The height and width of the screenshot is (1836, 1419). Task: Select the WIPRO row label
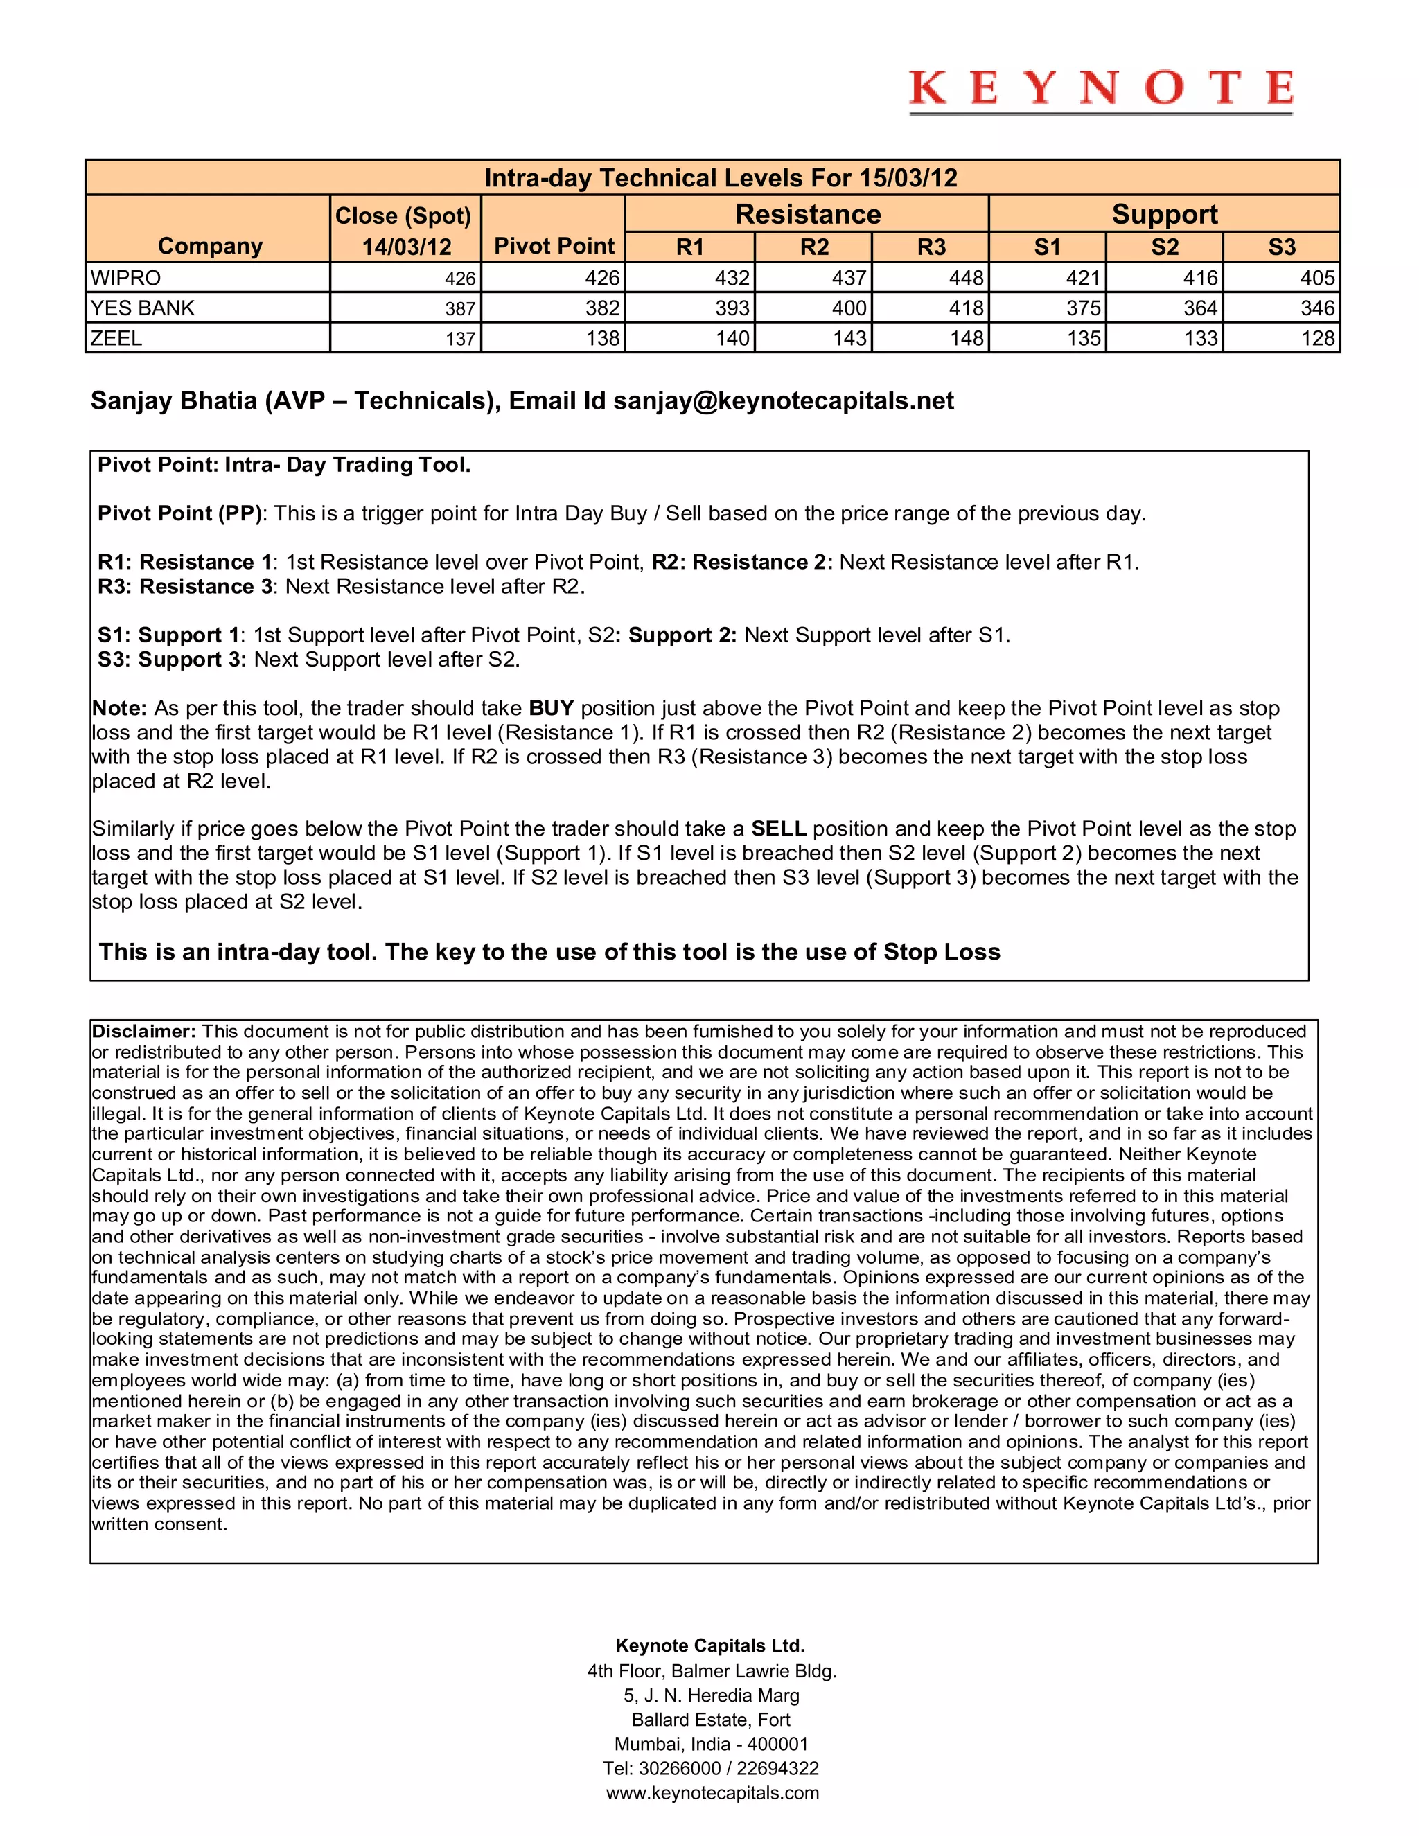126,277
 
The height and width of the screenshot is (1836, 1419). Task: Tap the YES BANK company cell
142,308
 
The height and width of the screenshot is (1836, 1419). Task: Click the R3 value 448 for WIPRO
966,277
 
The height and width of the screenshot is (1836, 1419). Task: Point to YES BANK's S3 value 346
1316,308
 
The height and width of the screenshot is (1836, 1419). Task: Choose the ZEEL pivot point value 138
603,338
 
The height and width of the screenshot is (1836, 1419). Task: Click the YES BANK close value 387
460,308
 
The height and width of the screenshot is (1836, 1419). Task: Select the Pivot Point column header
554,245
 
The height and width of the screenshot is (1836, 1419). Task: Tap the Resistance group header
807,214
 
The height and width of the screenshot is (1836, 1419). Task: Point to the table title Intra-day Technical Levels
721,177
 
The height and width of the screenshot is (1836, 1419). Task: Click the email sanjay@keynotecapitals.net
784,400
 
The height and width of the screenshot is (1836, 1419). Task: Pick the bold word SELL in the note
778,828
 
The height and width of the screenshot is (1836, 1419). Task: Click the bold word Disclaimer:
143,1032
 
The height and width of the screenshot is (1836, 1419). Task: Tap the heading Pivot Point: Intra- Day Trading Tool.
284,465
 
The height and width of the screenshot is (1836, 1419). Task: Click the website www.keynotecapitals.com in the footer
712,1792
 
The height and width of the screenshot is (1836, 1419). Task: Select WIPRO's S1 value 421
1083,277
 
